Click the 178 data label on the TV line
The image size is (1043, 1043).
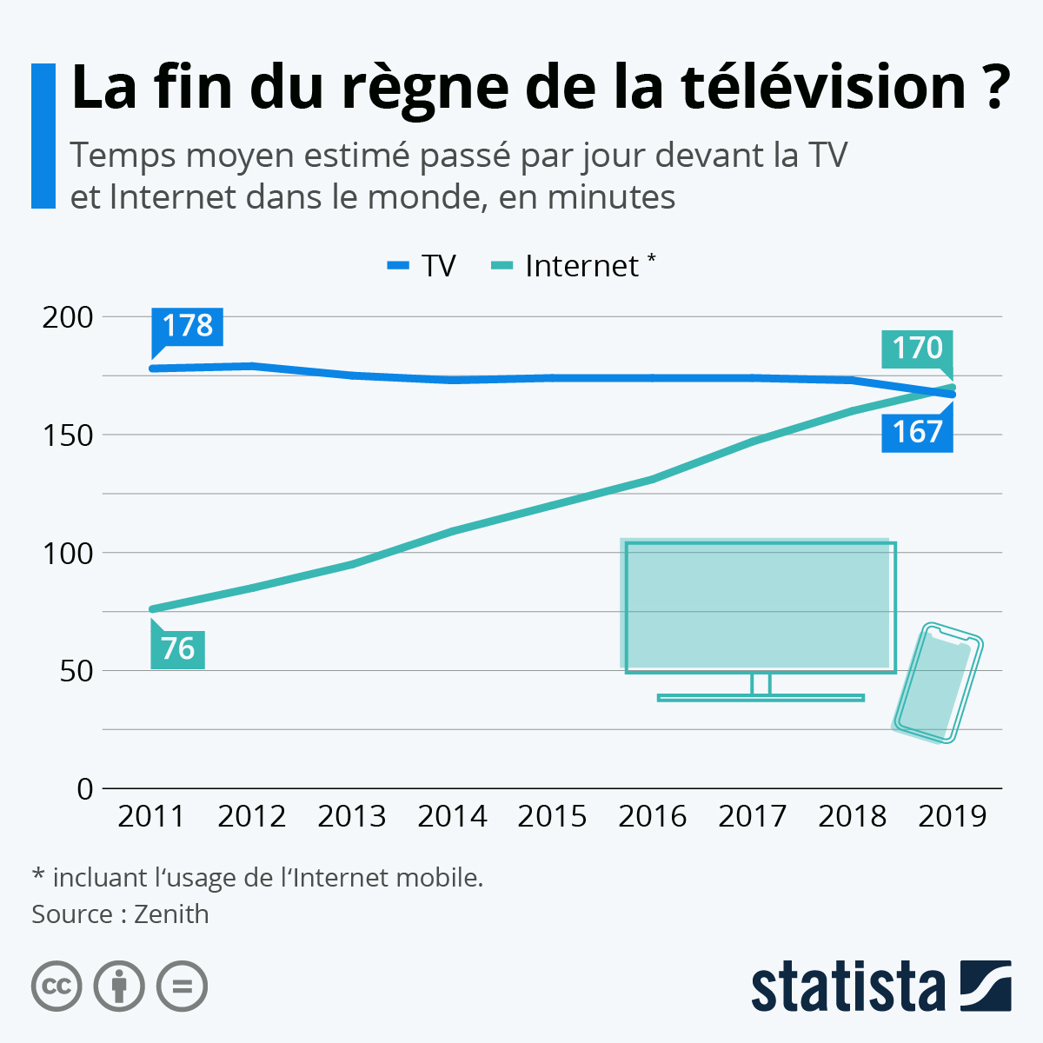tap(187, 326)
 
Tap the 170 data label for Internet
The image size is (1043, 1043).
tap(917, 349)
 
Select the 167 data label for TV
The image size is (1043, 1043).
tap(917, 432)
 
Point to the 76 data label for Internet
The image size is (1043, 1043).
tap(177, 648)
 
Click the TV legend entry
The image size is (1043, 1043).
tap(422, 266)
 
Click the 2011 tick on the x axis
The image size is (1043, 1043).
tap(151, 816)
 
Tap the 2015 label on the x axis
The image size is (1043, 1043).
tap(552, 816)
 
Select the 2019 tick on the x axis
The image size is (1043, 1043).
tap(953, 816)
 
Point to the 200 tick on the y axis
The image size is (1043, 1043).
tap(68, 317)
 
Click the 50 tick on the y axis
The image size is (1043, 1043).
tap(76, 671)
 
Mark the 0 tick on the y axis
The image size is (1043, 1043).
tap(84, 789)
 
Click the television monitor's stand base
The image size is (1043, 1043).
tap(761, 697)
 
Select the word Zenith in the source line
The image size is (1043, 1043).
tap(171, 914)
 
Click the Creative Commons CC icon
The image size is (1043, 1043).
tap(56, 987)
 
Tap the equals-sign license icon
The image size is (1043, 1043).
tap(182, 987)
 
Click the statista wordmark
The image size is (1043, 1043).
tap(847, 987)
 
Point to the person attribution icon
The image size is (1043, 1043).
tap(119, 987)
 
